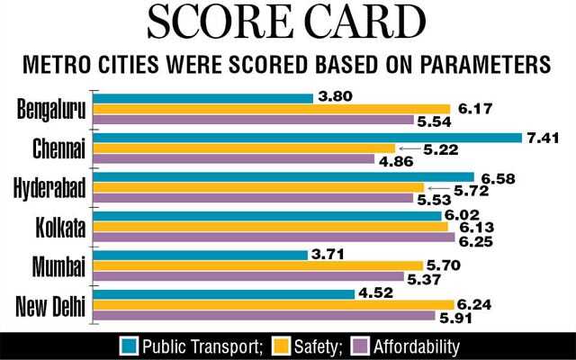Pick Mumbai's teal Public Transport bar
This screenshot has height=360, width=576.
point(201,255)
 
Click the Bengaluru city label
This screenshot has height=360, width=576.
point(51,109)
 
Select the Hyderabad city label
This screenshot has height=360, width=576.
point(49,187)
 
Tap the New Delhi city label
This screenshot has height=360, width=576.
point(50,306)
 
